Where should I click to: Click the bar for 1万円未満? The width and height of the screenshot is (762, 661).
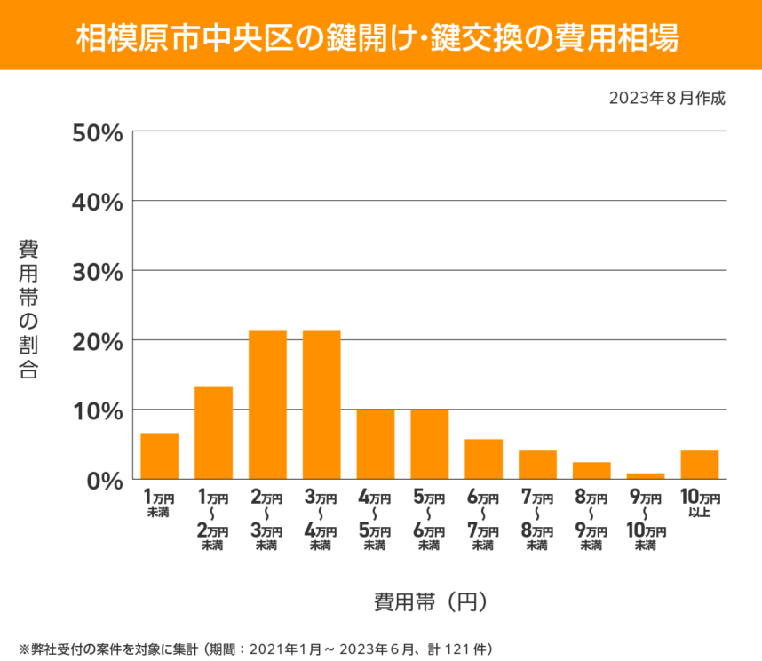pyautogui.click(x=160, y=456)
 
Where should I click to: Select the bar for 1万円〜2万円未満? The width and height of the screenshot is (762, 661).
pyautogui.click(x=213, y=433)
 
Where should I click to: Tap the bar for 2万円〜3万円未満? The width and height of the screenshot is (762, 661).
pyautogui.click(x=267, y=404)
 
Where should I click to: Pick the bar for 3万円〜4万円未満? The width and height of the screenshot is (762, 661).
pyautogui.click(x=321, y=404)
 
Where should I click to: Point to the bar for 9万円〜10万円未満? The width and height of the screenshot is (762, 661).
pyautogui.click(x=646, y=476)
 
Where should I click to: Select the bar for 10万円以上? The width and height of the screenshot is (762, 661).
pyautogui.click(x=700, y=465)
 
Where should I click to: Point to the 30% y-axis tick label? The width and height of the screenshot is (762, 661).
pyautogui.click(x=97, y=271)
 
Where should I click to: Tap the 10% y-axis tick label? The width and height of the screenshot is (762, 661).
pyautogui.click(x=97, y=410)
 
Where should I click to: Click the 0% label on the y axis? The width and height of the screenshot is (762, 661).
pyautogui.click(x=104, y=480)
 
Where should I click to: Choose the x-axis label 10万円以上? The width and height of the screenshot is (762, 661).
pyautogui.click(x=700, y=504)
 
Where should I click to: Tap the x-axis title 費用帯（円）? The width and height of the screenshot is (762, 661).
pyautogui.click(x=430, y=601)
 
